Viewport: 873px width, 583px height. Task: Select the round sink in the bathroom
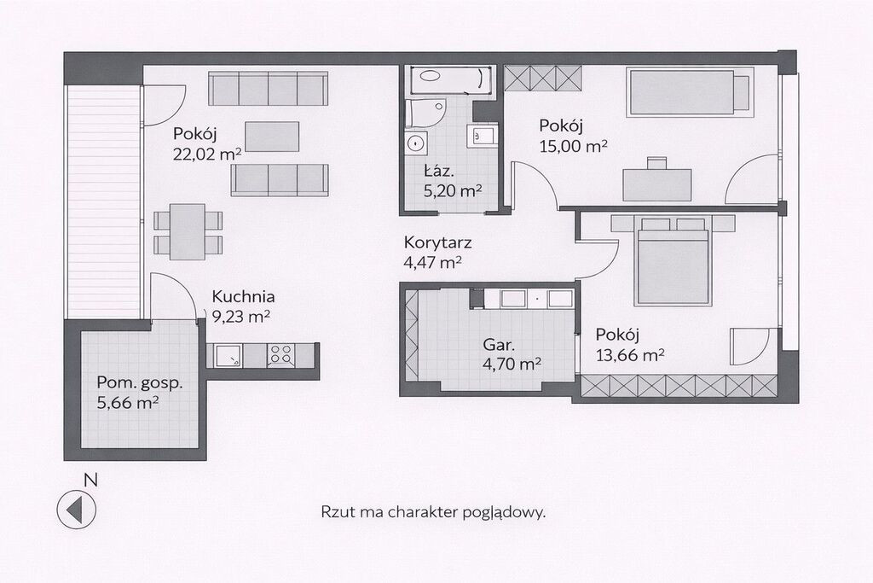(x=415, y=143)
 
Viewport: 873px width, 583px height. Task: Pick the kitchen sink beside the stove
(x=228, y=355)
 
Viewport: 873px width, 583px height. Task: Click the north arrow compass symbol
(x=76, y=509)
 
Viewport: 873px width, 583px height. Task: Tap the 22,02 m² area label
(x=207, y=154)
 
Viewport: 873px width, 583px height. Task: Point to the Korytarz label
(x=437, y=242)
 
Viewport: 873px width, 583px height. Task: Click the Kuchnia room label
(x=243, y=296)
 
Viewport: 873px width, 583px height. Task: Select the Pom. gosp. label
(x=140, y=383)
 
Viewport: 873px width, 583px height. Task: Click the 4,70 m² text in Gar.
(x=512, y=364)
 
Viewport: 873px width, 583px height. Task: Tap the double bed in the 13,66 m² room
(x=674, y=260)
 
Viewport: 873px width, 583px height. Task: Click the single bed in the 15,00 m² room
(x=690, y=92)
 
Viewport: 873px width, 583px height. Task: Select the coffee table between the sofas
(x=272, y=137)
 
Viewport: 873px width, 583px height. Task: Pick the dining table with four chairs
(x=188, y=231)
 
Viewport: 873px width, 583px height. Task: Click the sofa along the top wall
(x=268, y=88)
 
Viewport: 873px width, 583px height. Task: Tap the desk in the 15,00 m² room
(x=657, y=184)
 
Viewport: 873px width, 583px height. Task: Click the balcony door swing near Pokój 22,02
(x=164, y=105)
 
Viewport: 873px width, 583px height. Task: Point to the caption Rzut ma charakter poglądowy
(x=433, y=511)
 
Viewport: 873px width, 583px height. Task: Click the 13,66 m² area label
(x=630, y=354)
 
